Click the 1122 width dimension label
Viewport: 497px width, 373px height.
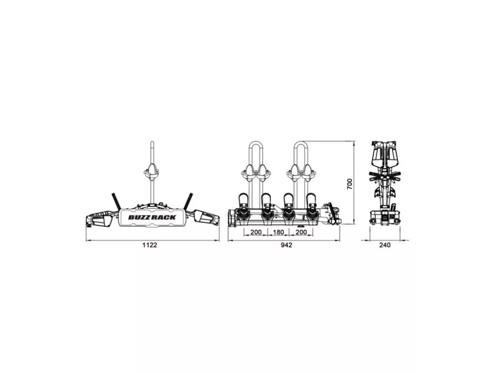click(x=150, y=245)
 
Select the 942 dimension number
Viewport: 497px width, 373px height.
click(x=286, y=245)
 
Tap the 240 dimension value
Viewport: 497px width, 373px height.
click(x=385, y=245)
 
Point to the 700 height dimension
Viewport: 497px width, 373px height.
click(x=349, y=184)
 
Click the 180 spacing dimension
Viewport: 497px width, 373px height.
click(x=278, y=232)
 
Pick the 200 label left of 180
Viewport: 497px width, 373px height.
click(x=256, y=232)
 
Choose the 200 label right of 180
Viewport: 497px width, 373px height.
click(x=301, y=232)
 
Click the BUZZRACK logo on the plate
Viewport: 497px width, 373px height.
click(x=152, y=217)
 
